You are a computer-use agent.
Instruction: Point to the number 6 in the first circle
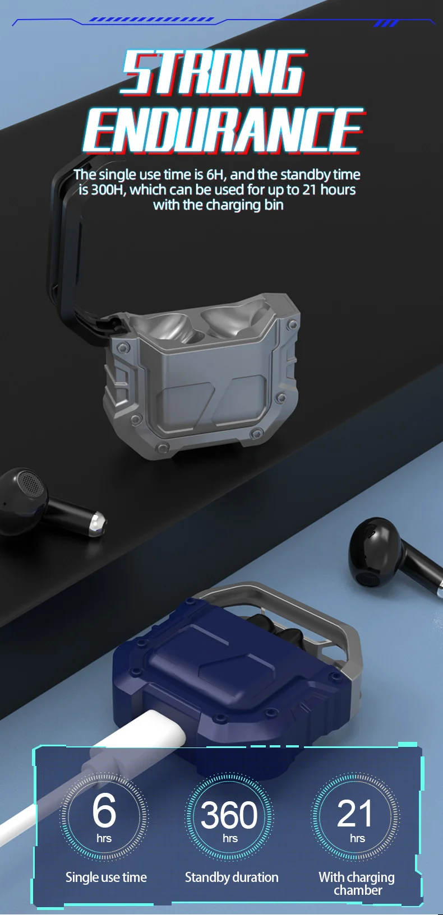tap(104, 810)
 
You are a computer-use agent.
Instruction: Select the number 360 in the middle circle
tap(229, 815)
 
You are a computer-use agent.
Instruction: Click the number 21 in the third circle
tap(354, 813)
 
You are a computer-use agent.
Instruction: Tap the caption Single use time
tap(106, 877)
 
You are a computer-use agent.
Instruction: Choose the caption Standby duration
tap(232, 877)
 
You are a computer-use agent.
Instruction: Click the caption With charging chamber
tap(357, 883)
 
